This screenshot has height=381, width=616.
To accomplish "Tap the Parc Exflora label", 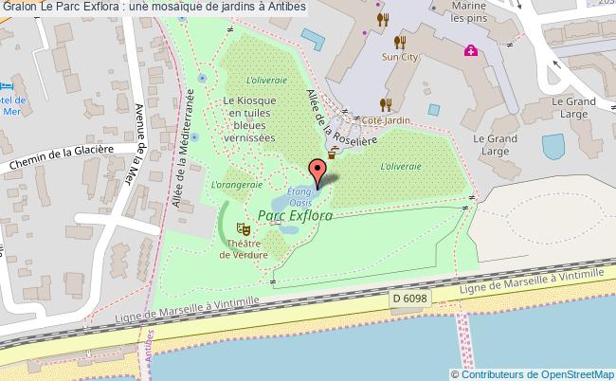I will [295, 216].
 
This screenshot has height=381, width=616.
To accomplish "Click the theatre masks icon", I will [243, 228].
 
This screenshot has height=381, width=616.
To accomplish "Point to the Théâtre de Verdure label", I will [243, 248].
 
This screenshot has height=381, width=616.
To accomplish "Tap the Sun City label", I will [399, 57].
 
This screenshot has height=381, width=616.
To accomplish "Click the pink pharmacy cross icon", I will [470, 50].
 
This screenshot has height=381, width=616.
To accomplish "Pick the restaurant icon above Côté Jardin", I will [385, 104].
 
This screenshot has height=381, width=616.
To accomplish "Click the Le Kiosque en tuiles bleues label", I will [250, 118].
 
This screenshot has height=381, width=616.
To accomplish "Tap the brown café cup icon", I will [333, 151].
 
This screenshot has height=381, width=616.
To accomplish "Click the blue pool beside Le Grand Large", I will [553, 146].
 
